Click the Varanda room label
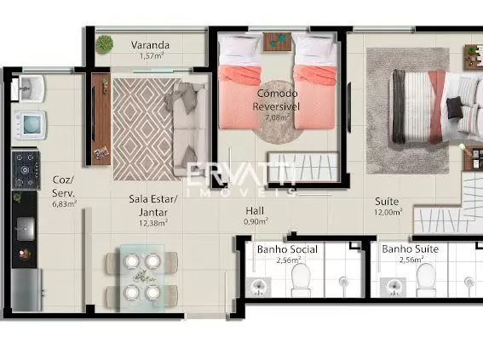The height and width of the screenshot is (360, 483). tap(150, 45)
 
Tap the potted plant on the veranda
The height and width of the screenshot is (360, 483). tap(104, 43)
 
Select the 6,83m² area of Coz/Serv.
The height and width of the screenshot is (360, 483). tap(65, 204)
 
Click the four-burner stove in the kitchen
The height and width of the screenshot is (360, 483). tap(26, 170)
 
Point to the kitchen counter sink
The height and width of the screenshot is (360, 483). tap(26, 229)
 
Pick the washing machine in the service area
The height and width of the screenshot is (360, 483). tap(30, 125)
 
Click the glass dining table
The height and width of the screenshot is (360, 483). tap(141, 277)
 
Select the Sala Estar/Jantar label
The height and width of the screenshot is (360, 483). tap(153, 206)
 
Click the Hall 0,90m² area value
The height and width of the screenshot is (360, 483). tap(256, 221)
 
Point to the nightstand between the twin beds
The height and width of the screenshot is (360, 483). tap(277, 43)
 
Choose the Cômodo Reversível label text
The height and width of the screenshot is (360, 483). tap(276, 100)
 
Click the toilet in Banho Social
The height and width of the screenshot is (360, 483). tap(301, 280)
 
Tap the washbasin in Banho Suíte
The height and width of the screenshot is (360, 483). tap(393, 288)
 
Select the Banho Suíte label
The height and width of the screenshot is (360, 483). tap(411, 249)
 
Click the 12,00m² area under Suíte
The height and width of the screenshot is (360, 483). tap(388, 212)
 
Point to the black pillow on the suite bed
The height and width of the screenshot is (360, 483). tap(455, 107)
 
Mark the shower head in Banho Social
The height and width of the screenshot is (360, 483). tap(343, 281)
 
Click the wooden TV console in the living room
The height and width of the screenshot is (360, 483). tap(101, 119)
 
